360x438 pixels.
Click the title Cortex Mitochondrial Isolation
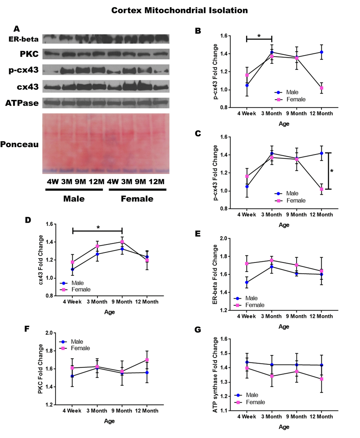(179, 11)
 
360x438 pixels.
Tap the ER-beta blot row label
(24, 39)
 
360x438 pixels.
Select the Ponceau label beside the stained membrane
(19, 144)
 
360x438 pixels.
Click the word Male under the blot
(74, 199)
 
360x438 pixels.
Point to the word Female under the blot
(137, 199)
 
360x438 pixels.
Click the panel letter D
(28, 220)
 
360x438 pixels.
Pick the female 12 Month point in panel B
(322, 88)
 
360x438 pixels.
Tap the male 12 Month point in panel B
(322, 52)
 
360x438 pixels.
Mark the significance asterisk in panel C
(332, 172)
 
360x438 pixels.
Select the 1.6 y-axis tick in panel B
(223, 36)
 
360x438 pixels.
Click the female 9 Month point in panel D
(122, 242)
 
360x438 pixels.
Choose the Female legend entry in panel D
(81, 289)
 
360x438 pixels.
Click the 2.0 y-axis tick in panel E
(223, 239)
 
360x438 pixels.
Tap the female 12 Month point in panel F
(147, 360)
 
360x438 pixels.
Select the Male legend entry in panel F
(77, 342)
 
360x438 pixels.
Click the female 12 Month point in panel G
(322, 379)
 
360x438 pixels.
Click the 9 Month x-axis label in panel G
(296, 416)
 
